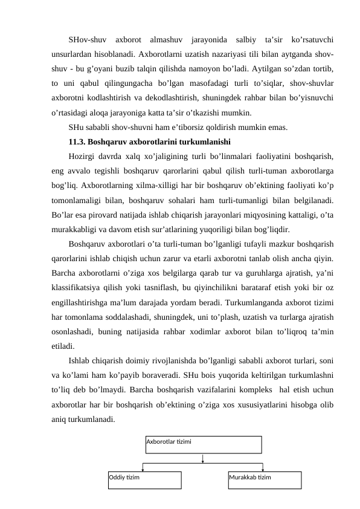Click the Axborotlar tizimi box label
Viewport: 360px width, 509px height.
tap(169, 441)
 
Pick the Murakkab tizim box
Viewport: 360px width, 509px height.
tap(265, 479)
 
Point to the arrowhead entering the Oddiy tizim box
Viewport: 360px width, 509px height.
tap(143, 468)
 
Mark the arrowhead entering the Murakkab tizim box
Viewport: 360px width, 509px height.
tap(263, 468)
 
